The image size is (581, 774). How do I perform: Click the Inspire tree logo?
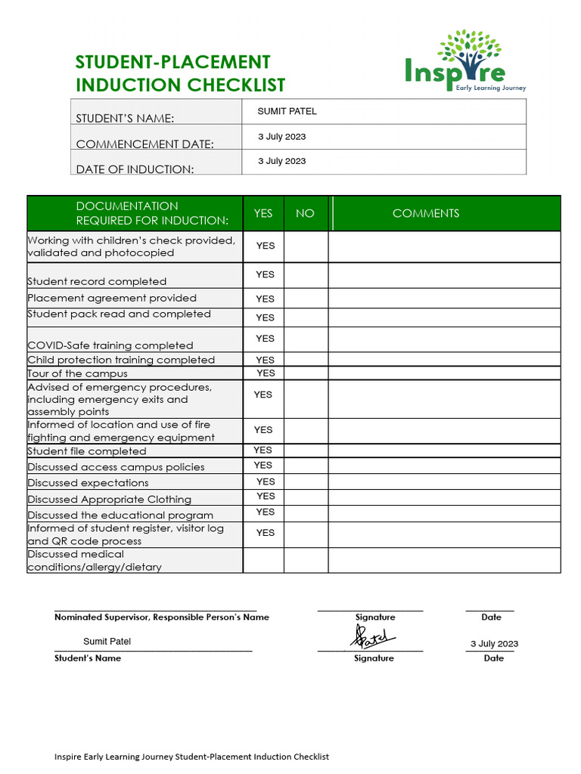465,60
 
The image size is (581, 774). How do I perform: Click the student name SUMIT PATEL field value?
287,111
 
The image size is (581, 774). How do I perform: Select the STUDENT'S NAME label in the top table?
125,119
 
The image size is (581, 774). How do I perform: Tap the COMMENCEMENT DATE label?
144,144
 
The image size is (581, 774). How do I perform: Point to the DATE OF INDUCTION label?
135,169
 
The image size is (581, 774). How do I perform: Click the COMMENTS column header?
425,213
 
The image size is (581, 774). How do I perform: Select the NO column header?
305,213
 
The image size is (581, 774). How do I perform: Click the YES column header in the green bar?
263,213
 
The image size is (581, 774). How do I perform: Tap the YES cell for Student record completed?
265,274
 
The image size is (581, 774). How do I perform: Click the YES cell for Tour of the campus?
265,373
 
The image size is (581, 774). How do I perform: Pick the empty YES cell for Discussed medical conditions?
263,560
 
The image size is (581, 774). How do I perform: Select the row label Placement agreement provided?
112,298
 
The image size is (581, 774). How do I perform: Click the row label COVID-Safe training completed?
110,345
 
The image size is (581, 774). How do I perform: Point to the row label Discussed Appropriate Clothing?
110,499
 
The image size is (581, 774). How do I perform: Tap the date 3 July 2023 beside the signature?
494,644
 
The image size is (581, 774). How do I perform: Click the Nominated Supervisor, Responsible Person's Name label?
162,617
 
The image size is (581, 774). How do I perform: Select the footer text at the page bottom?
191,756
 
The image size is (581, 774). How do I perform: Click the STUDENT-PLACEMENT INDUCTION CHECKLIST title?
180,73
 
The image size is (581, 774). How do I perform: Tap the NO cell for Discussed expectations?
306,482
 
